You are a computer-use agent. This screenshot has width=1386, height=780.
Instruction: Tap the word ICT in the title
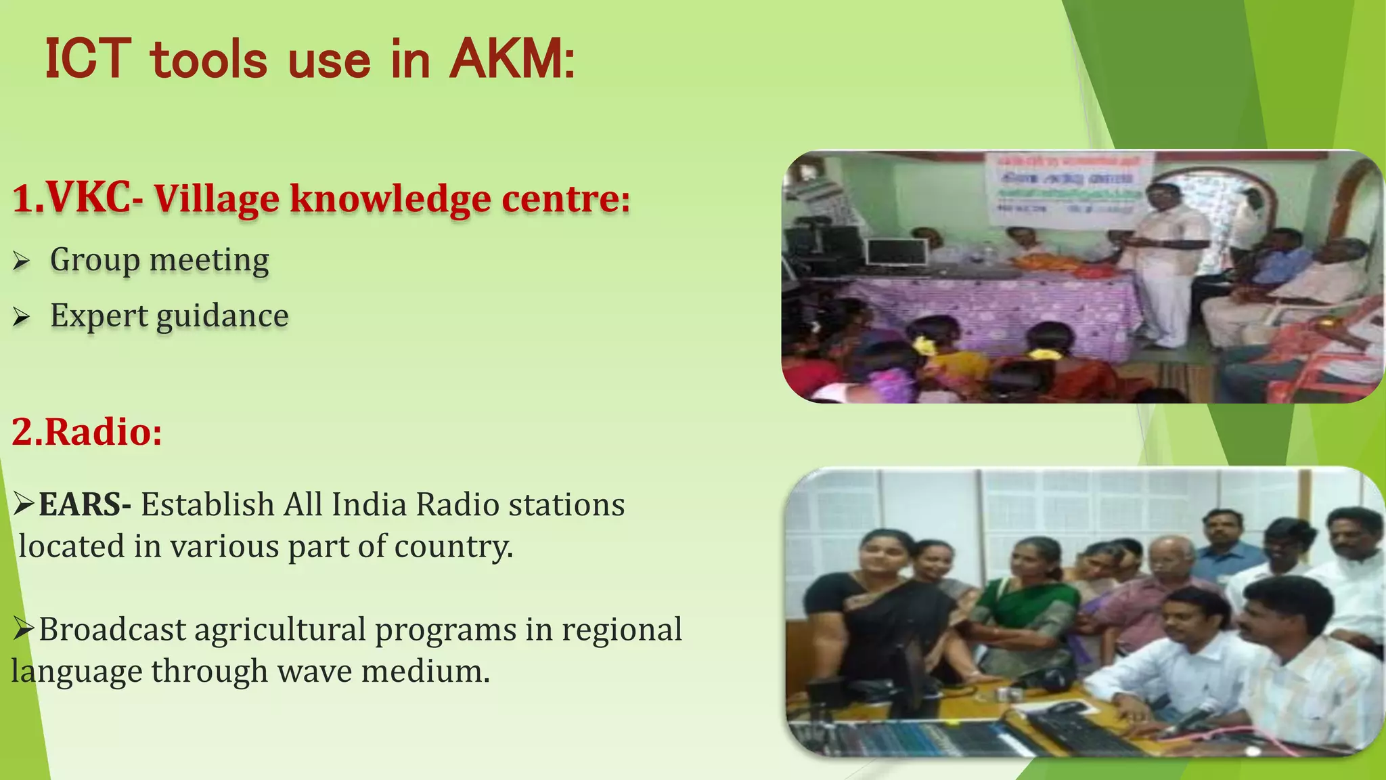[x=87, y=60]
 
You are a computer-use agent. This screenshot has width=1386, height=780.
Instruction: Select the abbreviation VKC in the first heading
[x=89, y=199]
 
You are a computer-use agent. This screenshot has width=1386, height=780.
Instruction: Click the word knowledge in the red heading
[x=390, y=199]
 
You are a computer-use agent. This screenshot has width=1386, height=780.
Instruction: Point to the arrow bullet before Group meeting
[x=22, y=261]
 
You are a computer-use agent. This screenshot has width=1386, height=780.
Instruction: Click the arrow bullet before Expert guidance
[x=22, y=317]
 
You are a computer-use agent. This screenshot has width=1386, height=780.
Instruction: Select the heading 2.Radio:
[x=87, y=432]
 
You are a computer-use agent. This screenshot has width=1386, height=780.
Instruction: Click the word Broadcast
[x=112, y=630]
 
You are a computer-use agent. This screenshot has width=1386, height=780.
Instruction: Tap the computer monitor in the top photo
[x=896, y=252]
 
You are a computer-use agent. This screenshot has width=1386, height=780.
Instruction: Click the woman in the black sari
[x=873, y=609]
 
